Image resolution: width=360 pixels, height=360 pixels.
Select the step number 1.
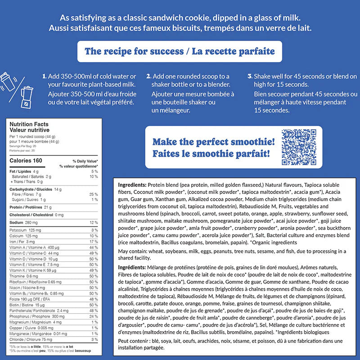44,76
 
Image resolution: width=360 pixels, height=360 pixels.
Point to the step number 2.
148,76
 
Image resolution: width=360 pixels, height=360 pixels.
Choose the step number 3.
250,76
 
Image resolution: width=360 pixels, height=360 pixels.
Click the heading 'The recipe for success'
133,51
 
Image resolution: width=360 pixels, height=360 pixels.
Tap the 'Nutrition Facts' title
29,124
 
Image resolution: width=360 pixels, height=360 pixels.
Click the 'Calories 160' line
26,161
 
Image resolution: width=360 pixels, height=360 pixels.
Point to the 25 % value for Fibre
94,194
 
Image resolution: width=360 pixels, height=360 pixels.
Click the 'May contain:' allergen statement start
134,251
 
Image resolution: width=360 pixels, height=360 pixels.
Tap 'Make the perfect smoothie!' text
213,142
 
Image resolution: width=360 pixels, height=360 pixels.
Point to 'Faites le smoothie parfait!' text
211,154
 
